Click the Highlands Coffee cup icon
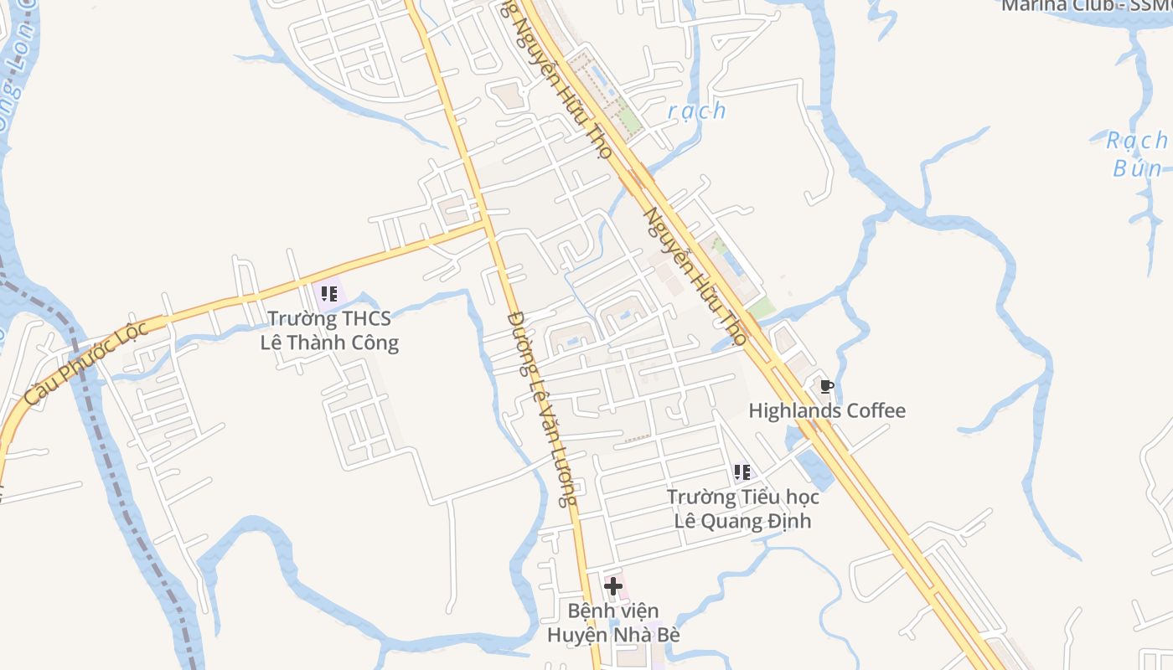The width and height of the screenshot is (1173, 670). pyautogui.click(x=826, y=386)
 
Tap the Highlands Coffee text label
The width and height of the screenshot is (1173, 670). pyautogui.click(x=826, y=410)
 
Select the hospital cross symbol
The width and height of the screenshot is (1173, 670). pyautogui.click(x=613, y=585)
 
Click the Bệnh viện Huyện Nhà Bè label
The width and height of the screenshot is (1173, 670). pyautogui.click(x=613, y=622)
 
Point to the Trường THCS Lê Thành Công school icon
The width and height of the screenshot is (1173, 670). pyautogui.click(x=329, y=293)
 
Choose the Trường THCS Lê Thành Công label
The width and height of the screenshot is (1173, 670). pyautogui.click(x=329, y=331)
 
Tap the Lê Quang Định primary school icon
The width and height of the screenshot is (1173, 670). pyautogui.click(x=742, y=472)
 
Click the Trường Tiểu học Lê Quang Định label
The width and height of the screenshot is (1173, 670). pyautogui.click(x=743, y=508)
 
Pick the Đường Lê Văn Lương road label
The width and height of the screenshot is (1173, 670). pyautogui.click(x=542, y=409)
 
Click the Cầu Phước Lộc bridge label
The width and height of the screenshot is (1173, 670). pyautogui.click(x=86, y=363)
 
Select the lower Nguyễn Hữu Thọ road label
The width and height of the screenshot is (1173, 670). pyautogui.click(x=694, y=276)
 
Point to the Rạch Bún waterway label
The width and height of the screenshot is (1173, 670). pyautogui.click(x=1137, y=154)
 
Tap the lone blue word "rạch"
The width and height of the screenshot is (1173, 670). pyautogui.click(x=697, y=111)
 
